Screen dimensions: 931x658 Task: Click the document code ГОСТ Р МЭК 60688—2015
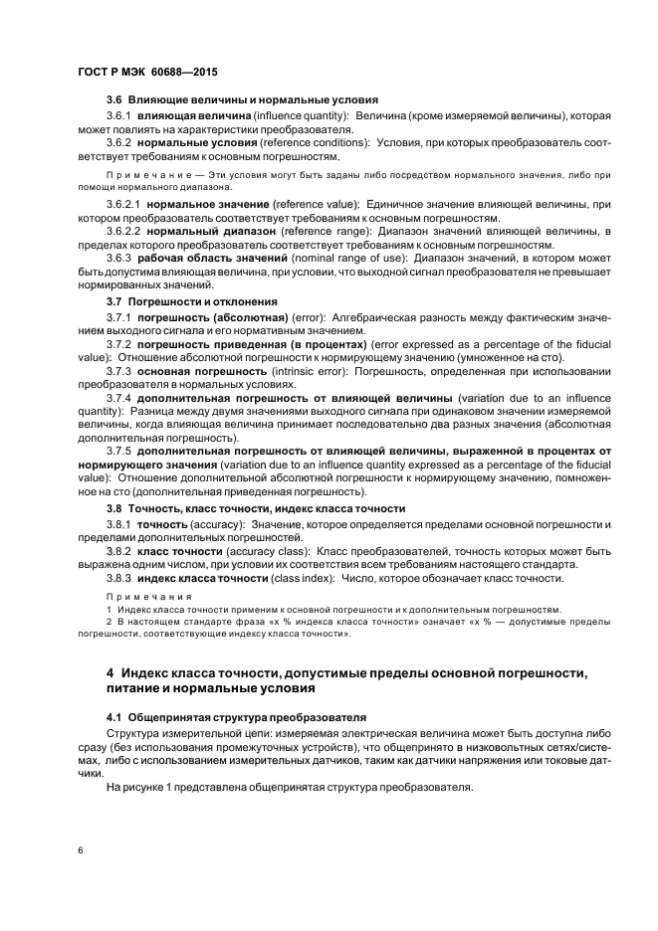point(147,74)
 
